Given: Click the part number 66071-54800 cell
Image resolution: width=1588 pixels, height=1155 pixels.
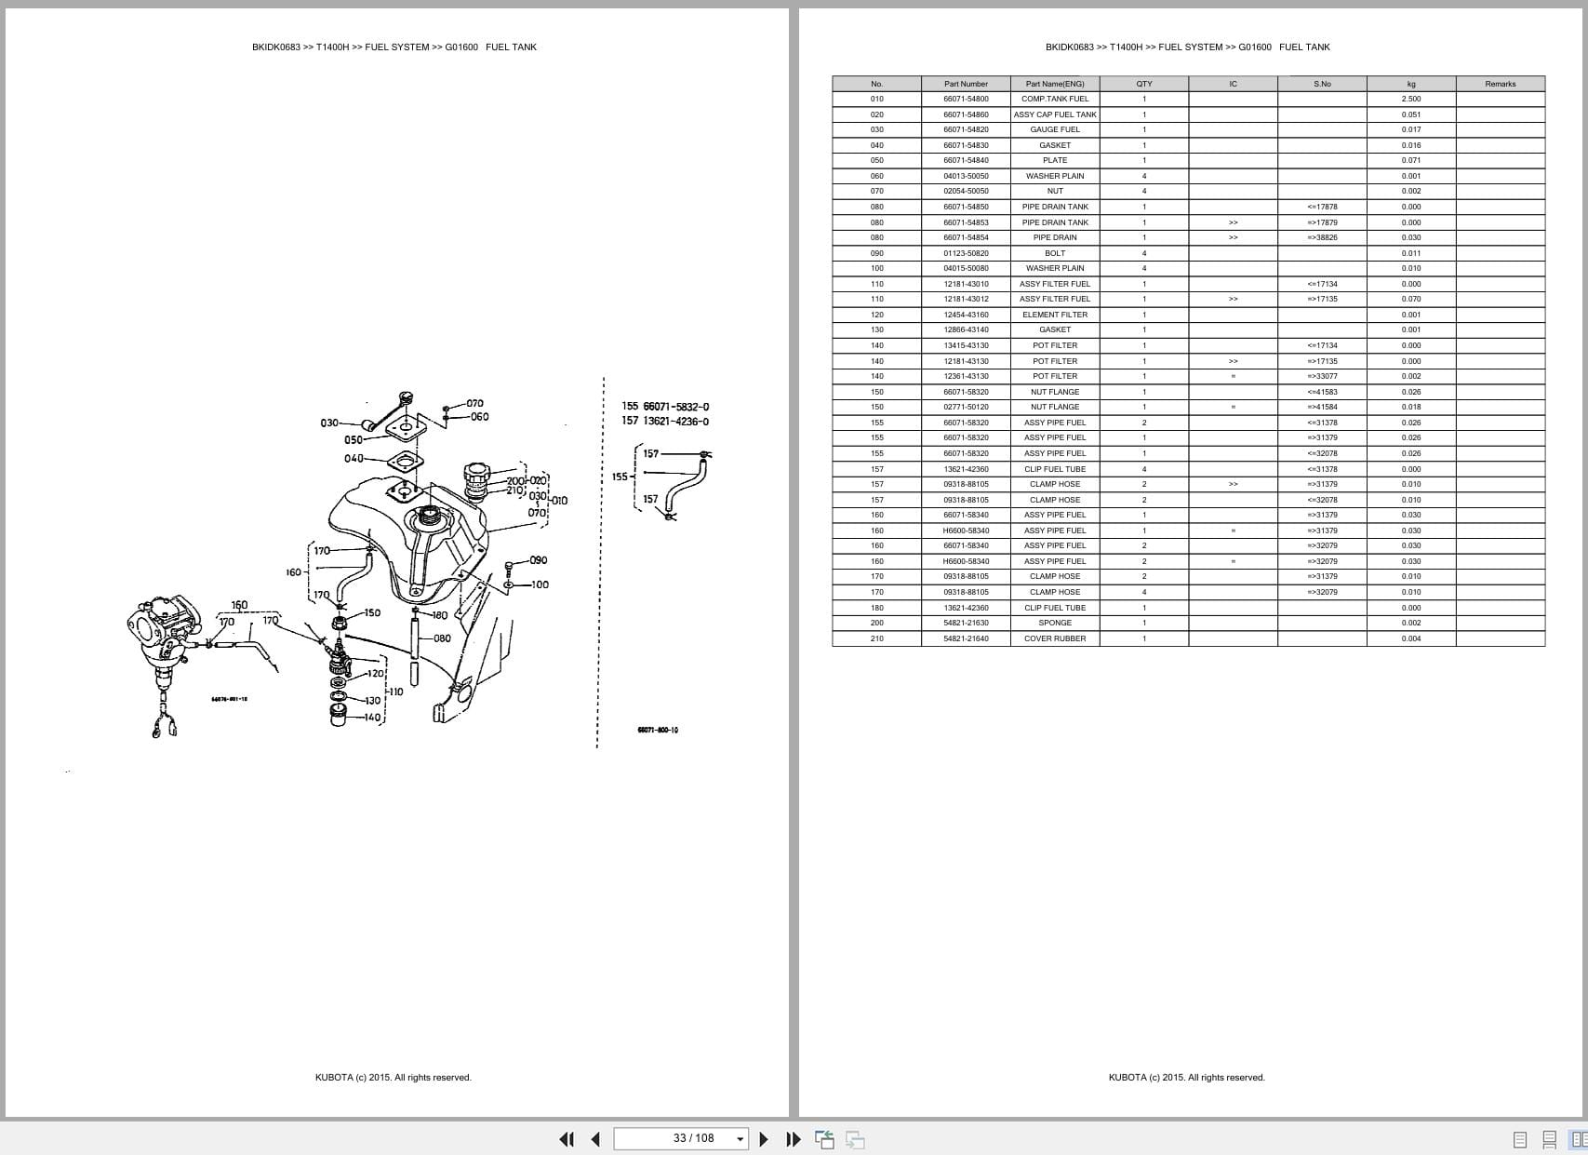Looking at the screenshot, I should tap(966, 99).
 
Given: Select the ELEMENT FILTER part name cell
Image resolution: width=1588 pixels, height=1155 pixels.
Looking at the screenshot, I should tap(1054, 315).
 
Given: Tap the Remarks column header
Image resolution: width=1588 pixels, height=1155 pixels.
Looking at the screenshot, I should tap(1500, 84).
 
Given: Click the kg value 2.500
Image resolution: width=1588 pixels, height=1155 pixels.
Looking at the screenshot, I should tap(1410, 99).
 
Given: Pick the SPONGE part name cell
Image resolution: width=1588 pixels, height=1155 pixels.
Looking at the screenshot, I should tap(1054, 623).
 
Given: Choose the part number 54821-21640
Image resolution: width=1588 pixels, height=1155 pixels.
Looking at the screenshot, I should tap(966, 638).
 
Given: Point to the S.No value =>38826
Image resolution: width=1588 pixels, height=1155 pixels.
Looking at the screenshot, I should tap(1321, 237).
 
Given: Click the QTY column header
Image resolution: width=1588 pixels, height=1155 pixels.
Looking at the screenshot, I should tap(1143, 84).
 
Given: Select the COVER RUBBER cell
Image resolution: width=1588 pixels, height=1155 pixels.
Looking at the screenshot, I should tap(1054, 638).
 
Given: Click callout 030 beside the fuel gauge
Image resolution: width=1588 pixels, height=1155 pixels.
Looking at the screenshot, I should tap(329, 423).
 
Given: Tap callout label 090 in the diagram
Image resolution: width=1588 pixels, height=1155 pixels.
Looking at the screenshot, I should tap(538, 560).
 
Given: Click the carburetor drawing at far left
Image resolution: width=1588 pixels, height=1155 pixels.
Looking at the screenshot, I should tap(164, 642).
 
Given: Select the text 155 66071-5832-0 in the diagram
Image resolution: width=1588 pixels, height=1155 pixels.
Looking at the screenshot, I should tap(664, 407).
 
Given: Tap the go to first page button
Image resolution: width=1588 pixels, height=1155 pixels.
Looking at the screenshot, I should tap(566, 1139).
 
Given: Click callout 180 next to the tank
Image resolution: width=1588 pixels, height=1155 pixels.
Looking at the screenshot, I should tap(439, 615).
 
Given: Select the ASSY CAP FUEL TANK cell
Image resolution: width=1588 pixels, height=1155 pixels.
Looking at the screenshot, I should tap(1054, 114).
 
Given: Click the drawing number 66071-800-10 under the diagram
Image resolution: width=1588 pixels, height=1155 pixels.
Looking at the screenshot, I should tap(657, 730).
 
